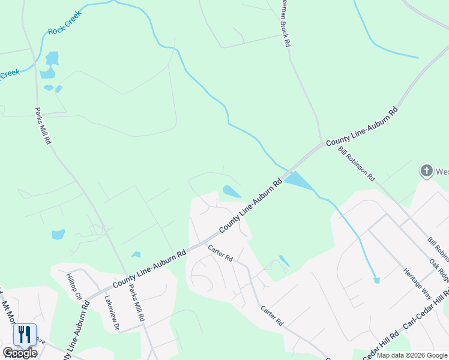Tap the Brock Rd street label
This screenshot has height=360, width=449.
(x=285, y=24)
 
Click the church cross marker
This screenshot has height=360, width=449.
(x=426, y=172)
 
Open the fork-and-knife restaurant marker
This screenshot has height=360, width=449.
(x=25, y=334)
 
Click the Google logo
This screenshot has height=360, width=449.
(x=20, y=353)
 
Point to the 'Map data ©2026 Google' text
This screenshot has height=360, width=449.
(x=412, y=355)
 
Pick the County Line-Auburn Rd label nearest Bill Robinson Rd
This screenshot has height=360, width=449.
(x=362, y=127)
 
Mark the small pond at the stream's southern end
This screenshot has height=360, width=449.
(x=376, y=280)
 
